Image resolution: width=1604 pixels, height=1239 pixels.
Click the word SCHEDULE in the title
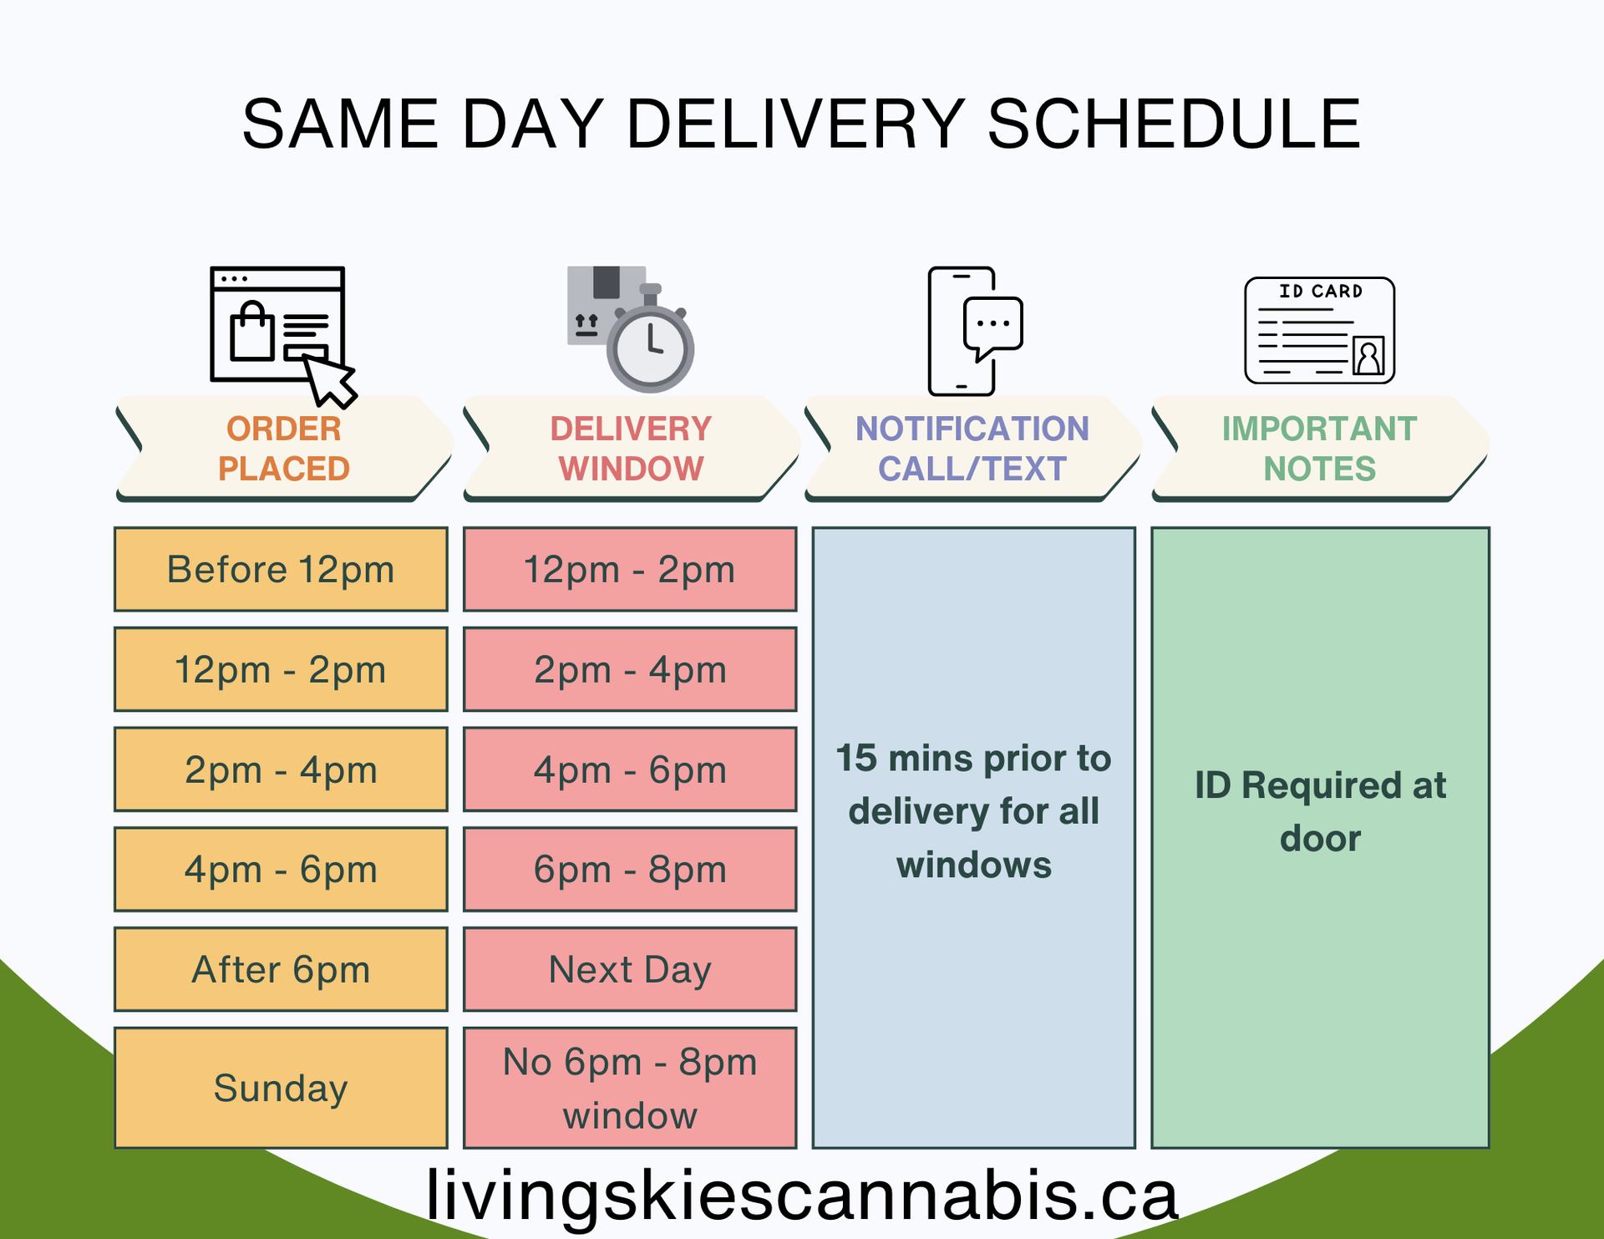click(x=1174, y=124)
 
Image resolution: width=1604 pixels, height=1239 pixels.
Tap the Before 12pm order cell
click(x=281, y=570)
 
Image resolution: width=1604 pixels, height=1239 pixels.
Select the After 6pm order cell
click(x=281, y=970)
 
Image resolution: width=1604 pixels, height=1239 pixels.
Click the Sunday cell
click(x=281, y=1088)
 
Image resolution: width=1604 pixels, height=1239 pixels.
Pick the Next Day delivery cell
click(x=630, y=970)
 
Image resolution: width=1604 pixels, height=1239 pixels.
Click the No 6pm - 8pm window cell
click(x=630, y=1088)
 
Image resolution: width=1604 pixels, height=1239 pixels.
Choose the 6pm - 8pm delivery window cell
click(x=630, y=870)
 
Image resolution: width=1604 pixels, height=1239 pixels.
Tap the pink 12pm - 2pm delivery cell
click(x=630, y=570)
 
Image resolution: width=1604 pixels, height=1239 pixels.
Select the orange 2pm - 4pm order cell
click(x=281, y=769)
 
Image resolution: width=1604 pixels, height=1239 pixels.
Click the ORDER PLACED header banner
click(x=284, y=449)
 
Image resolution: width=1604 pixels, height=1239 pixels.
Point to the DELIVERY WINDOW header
click(x=631, y=449)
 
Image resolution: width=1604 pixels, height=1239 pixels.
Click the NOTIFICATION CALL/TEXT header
click(x=972, y=449)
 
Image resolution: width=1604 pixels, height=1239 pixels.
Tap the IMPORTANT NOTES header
click(x=1319, y=449)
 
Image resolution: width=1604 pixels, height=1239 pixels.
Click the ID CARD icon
click(x=1319, y=331)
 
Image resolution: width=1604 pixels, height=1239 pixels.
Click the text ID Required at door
click(x=1320, y=811)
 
